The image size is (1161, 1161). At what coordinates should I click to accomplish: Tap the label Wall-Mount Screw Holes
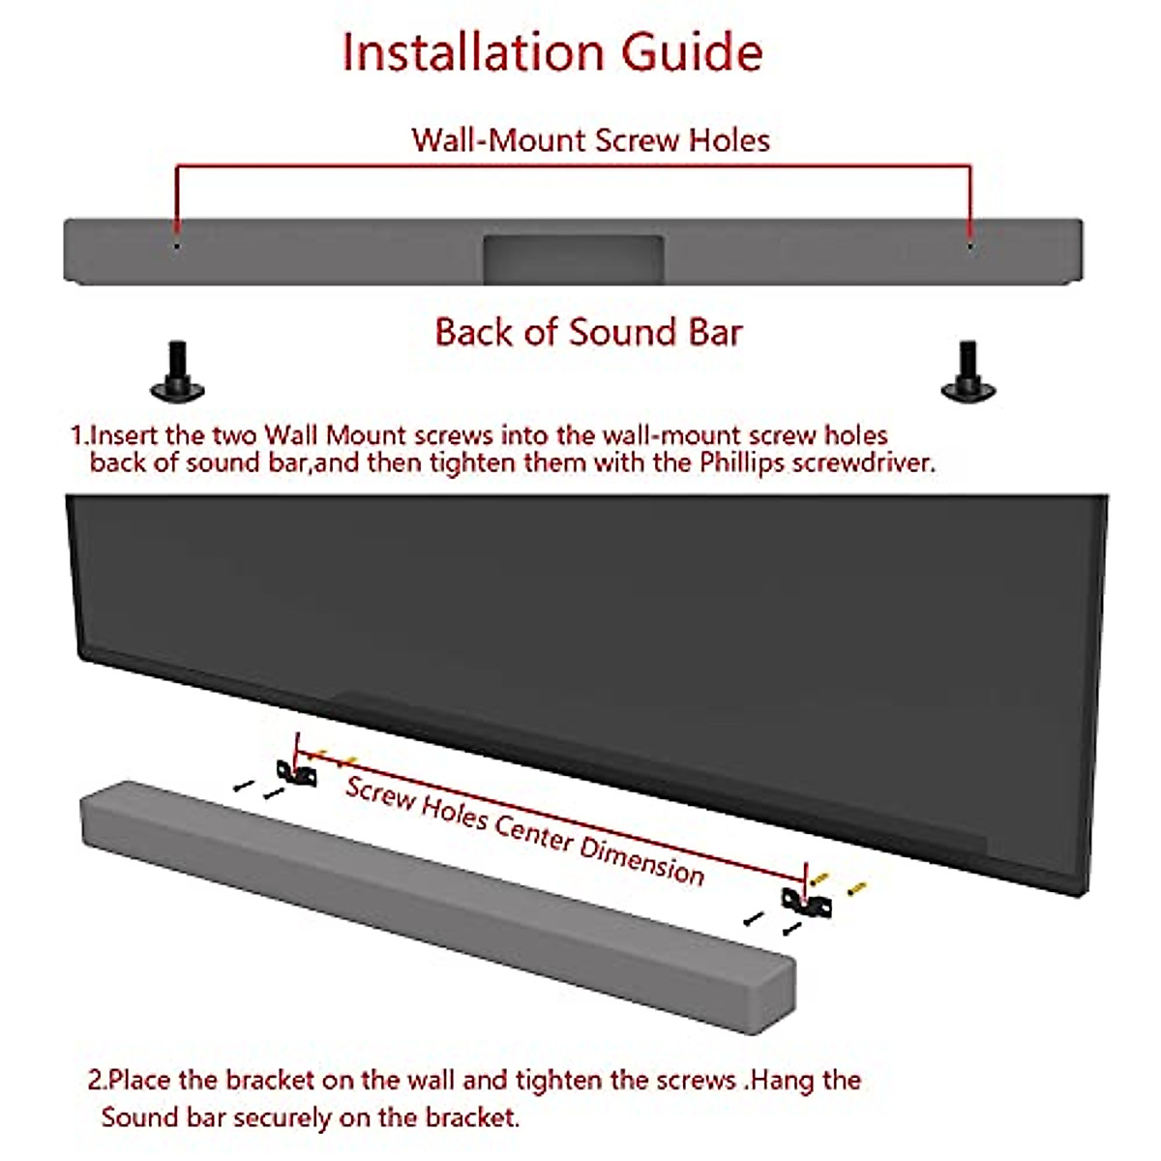pyautogui.click(x=590, y=140)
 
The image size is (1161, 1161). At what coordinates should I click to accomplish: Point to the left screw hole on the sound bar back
pyautogui.click(x=176, y=246)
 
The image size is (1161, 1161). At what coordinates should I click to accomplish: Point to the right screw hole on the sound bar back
pyautogui.click(x=970, y=246)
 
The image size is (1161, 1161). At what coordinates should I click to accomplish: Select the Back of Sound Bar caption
pyautogui.click(x=588, y=332)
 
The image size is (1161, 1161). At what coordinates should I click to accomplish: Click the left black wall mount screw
pyautogui.click(x=177, y=372)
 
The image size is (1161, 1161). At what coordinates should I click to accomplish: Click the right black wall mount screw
pyautogui.click(x=967, y=372)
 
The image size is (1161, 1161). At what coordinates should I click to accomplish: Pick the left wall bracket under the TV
pyautogui.click(x=296, y=772)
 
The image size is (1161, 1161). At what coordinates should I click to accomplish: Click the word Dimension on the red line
pyautogui.click(x=641, y=857)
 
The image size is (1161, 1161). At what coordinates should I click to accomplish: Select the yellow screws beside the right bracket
pyautogui.click(x=838, y=883)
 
